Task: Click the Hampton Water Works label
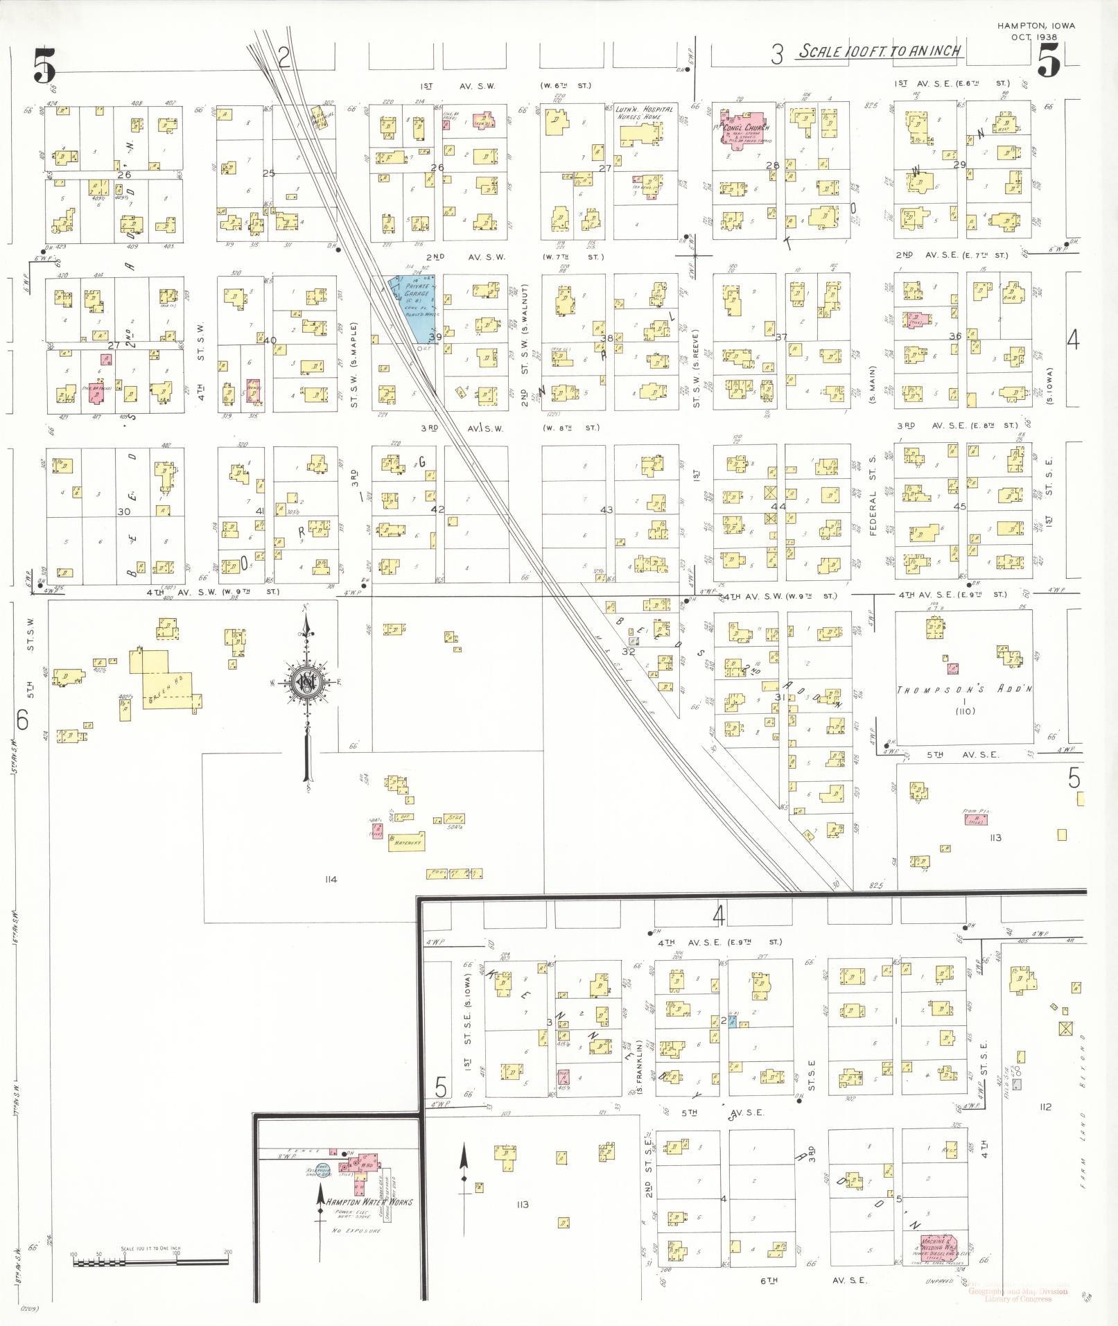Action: pyautogui.click(x=369, y=1201)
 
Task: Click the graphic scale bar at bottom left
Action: pyautogui.click(x=150, y=1262)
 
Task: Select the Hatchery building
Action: pyautogui.click(x=406, y=841)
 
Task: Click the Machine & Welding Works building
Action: pyautogui.click(x=939, y=1249)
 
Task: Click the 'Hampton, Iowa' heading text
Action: pyautogui.click(x=1036, y=26)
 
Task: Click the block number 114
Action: pyautogui.click(x=330, y=879)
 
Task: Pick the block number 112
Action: pyautogui.click(x=1045, y=1106)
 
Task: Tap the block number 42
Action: pyautogui.click(x=437, y=508)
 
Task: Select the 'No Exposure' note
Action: pyautogui.click(x=356, y=1230)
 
